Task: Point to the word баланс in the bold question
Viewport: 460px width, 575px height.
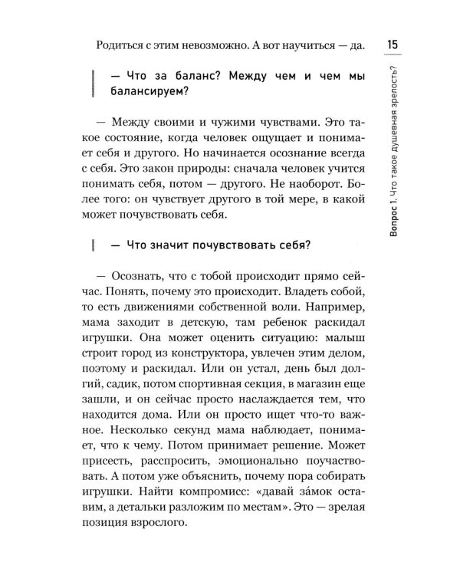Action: pos(185,75)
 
